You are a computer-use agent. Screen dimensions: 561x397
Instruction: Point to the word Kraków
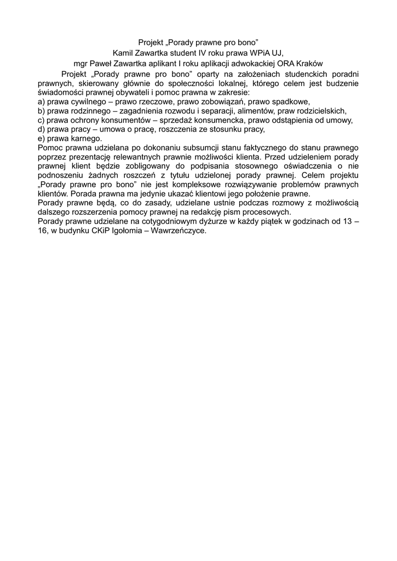pyautogui.click(x=309, y=63)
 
